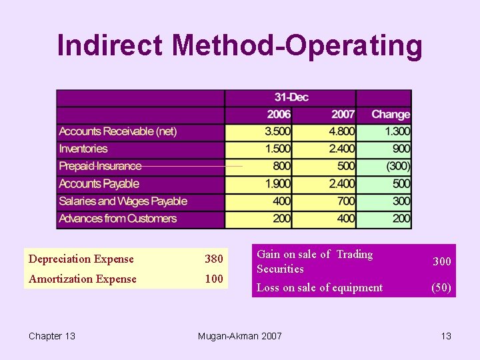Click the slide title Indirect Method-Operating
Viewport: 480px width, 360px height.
pyautogui.click(x=239, y=46)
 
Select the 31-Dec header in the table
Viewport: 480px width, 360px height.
pyautogui.click(x=291, y=97)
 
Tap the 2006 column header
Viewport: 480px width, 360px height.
pyautogui.click(x=279, y=115)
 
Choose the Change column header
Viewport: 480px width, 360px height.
pyautogui.click(x=390, y=115)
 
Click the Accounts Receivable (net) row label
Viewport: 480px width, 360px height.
pyautogui.click(x=118, y=132)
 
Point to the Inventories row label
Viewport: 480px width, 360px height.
pyautogui.click(x=83, y=149)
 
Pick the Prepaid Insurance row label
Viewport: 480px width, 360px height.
pyautogui.click(x=100, y=167)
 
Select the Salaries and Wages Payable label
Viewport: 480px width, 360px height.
pyautogui.click(x=123, y=201)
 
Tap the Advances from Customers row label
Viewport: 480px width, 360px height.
pyautogui.click(x=118, y=219)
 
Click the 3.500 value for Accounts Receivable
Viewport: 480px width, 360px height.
pyautogui.click(x=277, y=132)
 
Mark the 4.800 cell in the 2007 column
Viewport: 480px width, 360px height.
pyautogui.click(x=341, y=132)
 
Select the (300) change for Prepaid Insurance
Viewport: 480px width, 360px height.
pyautogui.click(x=397, y=167)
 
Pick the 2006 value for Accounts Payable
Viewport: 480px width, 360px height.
pyautogui.click(x=277, y=184)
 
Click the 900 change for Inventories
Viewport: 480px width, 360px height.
pyautogui.click(x=401, y=149)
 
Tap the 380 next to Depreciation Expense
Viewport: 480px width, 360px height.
pyautogui.click(x=214, y=259)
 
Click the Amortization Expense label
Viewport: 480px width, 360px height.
pyautogui.click(x=82, y=279)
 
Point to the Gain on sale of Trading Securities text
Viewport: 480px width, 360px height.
pyautogui.click(x=315, y=261)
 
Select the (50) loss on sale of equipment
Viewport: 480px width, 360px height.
pyautogui.click(x=441, y=288)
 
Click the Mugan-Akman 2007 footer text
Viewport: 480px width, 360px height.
pyautogui.click(x=240, y=336)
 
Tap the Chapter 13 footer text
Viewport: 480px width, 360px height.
pyautogui.click(x=52, y=336)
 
